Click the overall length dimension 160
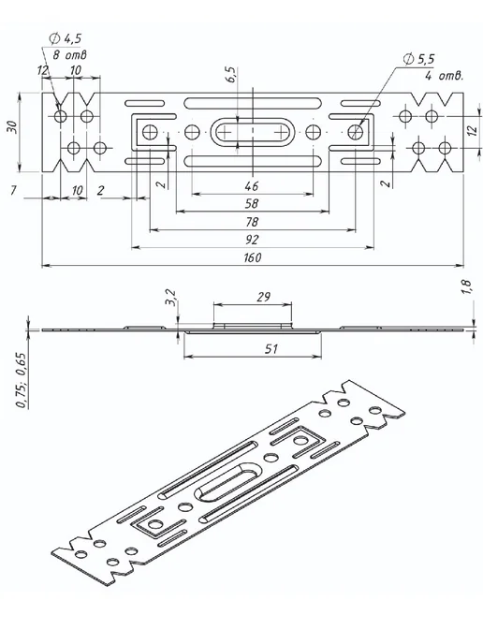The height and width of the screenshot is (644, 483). (252, 257)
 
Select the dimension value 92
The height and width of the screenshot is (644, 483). (252, 240)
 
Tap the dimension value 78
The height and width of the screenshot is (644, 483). (252, 222)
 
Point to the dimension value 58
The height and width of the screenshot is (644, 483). (252, 204)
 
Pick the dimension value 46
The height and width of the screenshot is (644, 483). (252, 186)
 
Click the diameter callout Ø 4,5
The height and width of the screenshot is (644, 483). (65, 38)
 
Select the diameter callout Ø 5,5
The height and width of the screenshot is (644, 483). (418, 59)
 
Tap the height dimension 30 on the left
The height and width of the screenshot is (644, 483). (12, 126)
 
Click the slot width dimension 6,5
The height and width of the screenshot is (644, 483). (232, 74)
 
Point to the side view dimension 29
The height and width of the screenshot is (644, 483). (263, 297)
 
